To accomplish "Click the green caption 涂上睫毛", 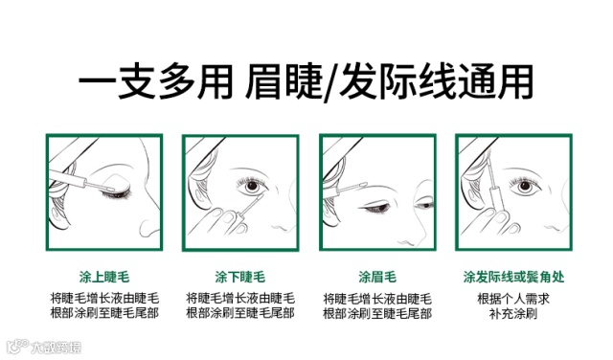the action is [x=104, y=277].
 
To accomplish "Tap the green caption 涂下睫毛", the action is [x=240, y=277].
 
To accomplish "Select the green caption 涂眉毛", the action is [x=377, y=277].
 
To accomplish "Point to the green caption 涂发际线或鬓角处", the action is [x=513, y=277].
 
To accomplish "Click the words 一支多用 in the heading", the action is [x=156, y=82].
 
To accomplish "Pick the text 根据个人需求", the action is [x=513, y=299].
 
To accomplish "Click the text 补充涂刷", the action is [x=513, y=313].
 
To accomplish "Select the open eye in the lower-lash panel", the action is [x=252, y=186].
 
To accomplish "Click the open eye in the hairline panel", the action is [x=525, y=186].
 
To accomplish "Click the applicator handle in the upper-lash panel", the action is [x=67, y=178].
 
